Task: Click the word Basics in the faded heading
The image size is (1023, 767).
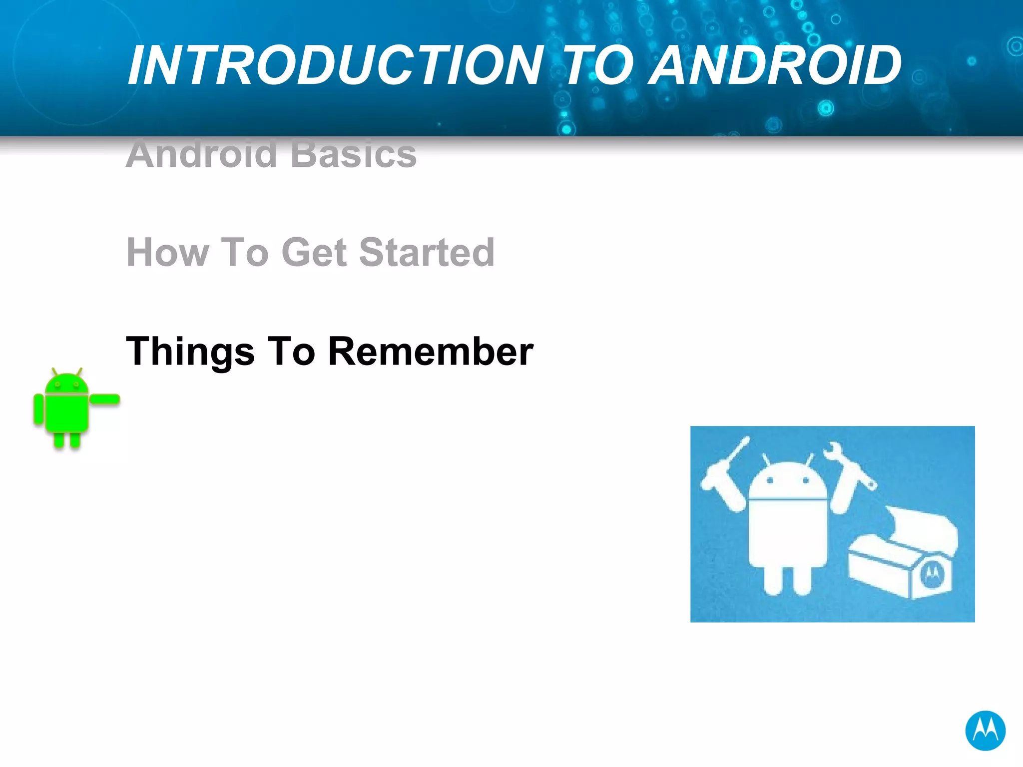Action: pyautogui.click(x=354, y=154)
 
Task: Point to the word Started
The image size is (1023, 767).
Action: pyautogui.click(x=427, y=253)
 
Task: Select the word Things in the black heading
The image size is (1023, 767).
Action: pyautogui.click(x=190, y=352)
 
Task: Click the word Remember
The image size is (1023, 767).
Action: pyautogui.click(x=431, y=352)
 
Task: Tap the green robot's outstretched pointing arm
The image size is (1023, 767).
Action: pyautogui.click(x=105, y=399)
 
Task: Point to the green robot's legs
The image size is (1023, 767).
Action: pyautogui.click(x=66, y=439)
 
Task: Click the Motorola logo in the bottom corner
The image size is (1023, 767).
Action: pyautogui.click(x=985, y=731)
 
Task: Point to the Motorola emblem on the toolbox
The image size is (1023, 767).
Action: pyautogui.click(x=932, y=575)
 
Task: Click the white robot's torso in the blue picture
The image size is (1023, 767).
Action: pyautogui.click(x=788, y=534)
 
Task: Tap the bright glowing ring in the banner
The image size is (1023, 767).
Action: pyautogui.click(x=826, y=108)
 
